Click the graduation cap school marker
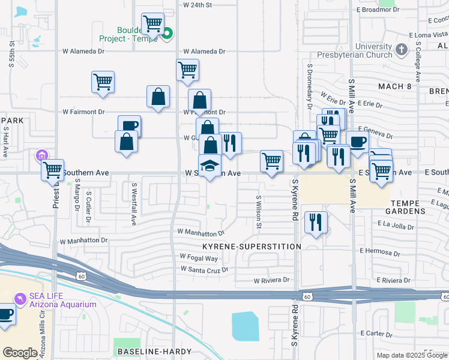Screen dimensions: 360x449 pos(210,166)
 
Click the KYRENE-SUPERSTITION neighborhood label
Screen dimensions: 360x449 pos(252,247)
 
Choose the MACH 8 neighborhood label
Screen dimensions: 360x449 pos(394,86)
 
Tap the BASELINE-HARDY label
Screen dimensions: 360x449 pos(154,351)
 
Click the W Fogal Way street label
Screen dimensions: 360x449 pos(199,258)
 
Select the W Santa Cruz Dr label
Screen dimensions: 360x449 pos(204,269)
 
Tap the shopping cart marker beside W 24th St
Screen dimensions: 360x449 pos(153,24)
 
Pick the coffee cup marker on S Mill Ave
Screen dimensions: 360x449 pos(358,142)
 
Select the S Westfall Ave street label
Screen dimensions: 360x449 pos(134,205)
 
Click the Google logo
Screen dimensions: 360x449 pos(20,353)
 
